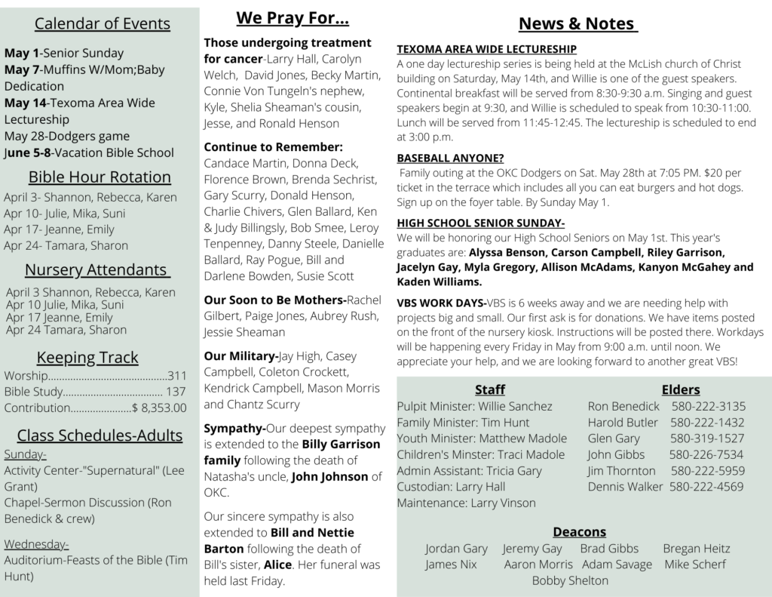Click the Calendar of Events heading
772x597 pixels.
tap(103, 23)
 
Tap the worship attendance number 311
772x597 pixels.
tap(177, 375)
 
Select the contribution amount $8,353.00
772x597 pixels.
tap(159, 408)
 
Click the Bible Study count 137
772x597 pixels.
tap(176, 391)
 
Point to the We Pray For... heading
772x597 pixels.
tap(293, 17)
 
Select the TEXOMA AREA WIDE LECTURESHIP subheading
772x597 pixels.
tap(486, 49)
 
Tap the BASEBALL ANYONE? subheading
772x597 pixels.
tap(451, 158)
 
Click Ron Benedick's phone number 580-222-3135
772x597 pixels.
tap(709, 406)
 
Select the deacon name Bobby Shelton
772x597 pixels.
tap(570, 580)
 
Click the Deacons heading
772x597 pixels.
tap(579, 531)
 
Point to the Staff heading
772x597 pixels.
tap(490, 389)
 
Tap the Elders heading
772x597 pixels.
tap(681, 389)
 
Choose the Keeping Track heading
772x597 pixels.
tap(87, 357)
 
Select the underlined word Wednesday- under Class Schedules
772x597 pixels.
tap(36, 543)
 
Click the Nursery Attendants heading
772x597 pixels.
tap(96, 269)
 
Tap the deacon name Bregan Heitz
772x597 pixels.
tap(696, 549)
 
